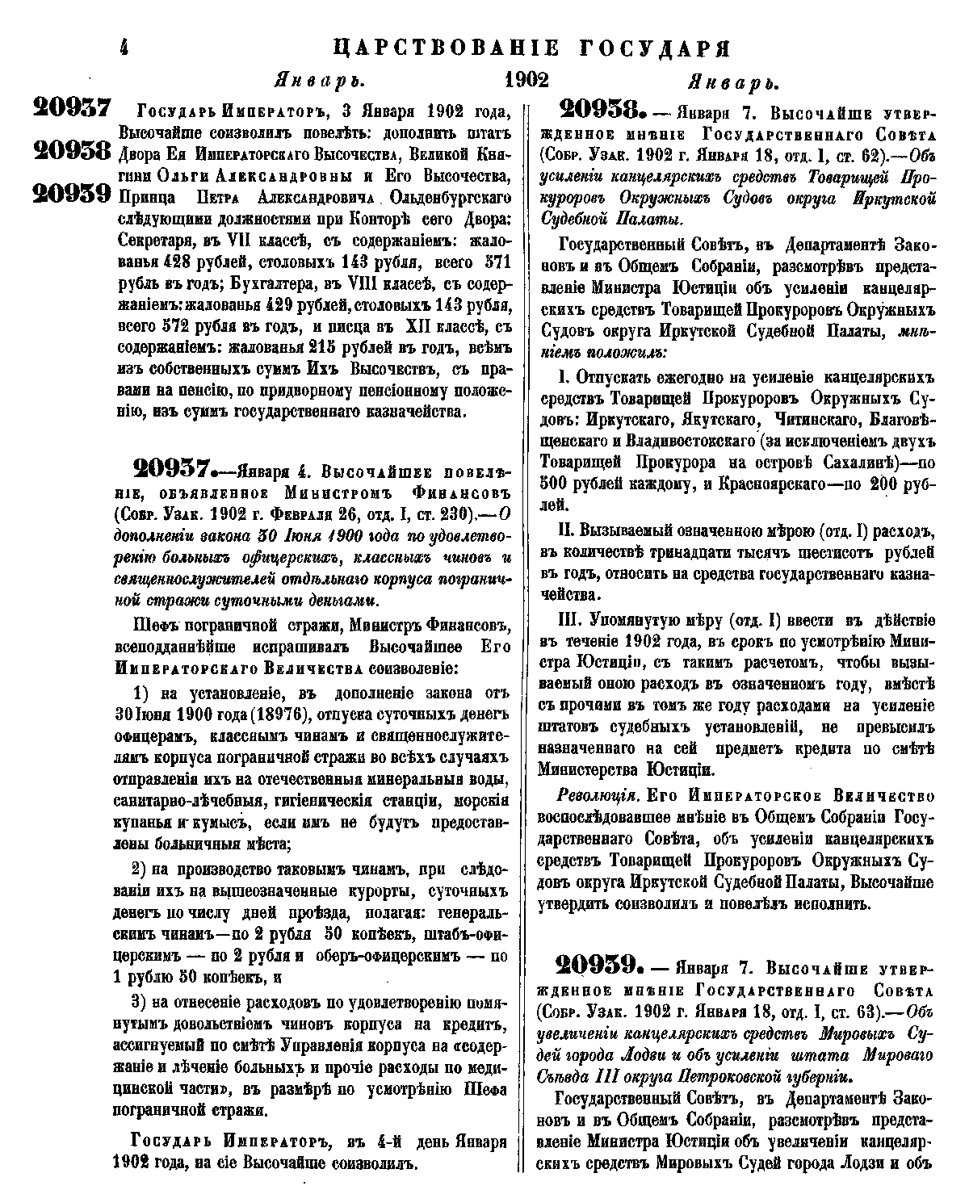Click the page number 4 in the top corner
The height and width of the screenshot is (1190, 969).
(x=124, y=48)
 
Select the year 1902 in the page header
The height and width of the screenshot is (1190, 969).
(x=526, y=81)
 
